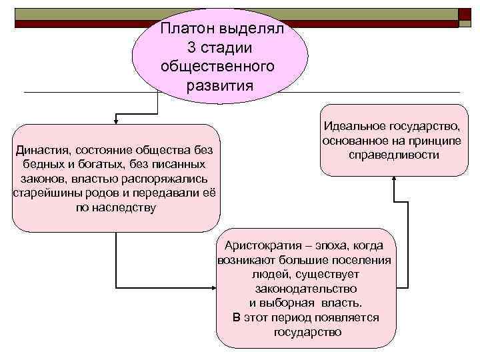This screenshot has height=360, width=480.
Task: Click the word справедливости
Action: point(393,155)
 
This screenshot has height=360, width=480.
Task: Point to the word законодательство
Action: point(306,289)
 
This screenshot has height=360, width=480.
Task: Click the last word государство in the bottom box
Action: point(307,332)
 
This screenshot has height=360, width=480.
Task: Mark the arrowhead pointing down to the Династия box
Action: point(116,121)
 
